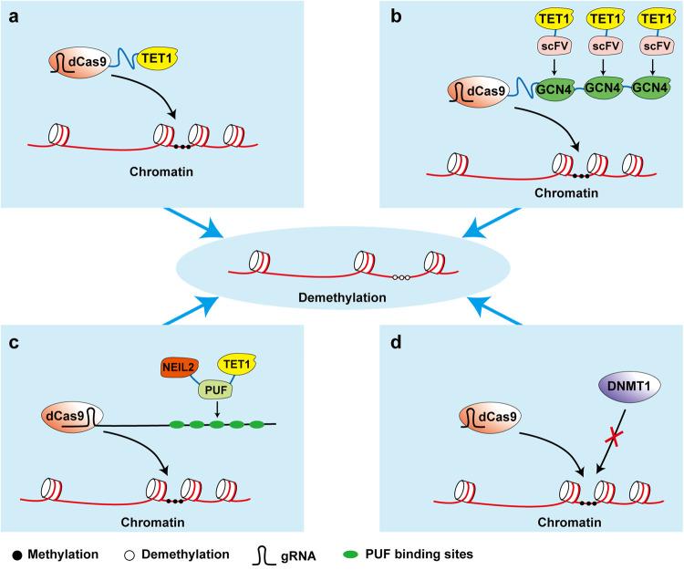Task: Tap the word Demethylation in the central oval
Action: [x=341, y=297]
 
